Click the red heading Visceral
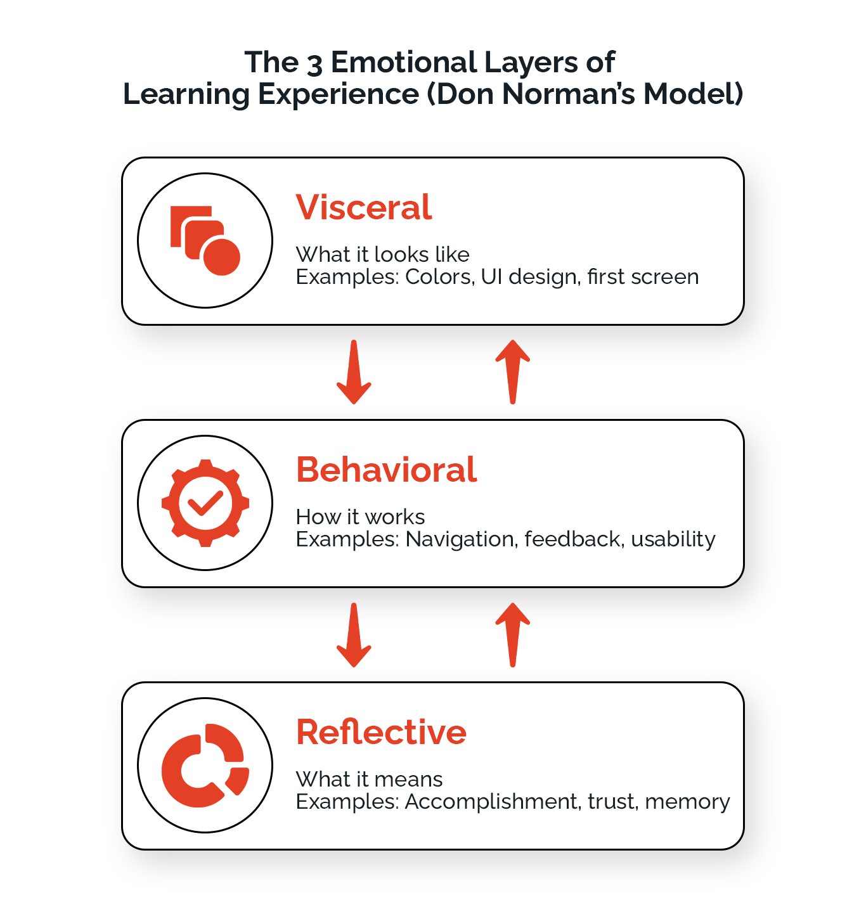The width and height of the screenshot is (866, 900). pyautogui.click(x=363, y=207)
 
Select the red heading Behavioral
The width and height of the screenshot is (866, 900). pyautogui.click(x=386, y=470)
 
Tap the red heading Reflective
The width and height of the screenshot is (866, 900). pyautogui.click(x=381, y=732)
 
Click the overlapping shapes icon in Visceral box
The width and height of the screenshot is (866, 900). pyautogui.click(x=205, y=240)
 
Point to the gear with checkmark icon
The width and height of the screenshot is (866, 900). pyautogui.click(x=205, y=503)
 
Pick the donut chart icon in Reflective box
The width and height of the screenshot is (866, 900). pyautogui.click(x=205, y=765)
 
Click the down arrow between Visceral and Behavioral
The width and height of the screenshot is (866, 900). pyautogui.click(x=354, y=372)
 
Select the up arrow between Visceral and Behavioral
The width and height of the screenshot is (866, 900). pyautogui.click(x=512, y=372)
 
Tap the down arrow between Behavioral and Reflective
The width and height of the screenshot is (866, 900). pyautogui.click(x=354, y=634)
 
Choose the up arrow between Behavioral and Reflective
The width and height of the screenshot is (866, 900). pyautogui.click(x=512, y=634)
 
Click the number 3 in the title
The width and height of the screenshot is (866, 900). pyautogui.click(x=314, y=63)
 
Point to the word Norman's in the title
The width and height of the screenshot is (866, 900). pyautogui.click(x=568, y=94)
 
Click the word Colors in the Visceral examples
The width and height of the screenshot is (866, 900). pyautogui.click(x=439, y=277)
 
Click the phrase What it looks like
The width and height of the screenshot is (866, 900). pyautogui.click(x=382, y=254)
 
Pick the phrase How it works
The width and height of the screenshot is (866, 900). pyautogui.click(x=360, y=517)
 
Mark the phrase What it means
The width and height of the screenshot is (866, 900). pyautogui.click(x=369, y=779)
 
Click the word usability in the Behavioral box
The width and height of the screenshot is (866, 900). pyautogui.click(x=673, y=539)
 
